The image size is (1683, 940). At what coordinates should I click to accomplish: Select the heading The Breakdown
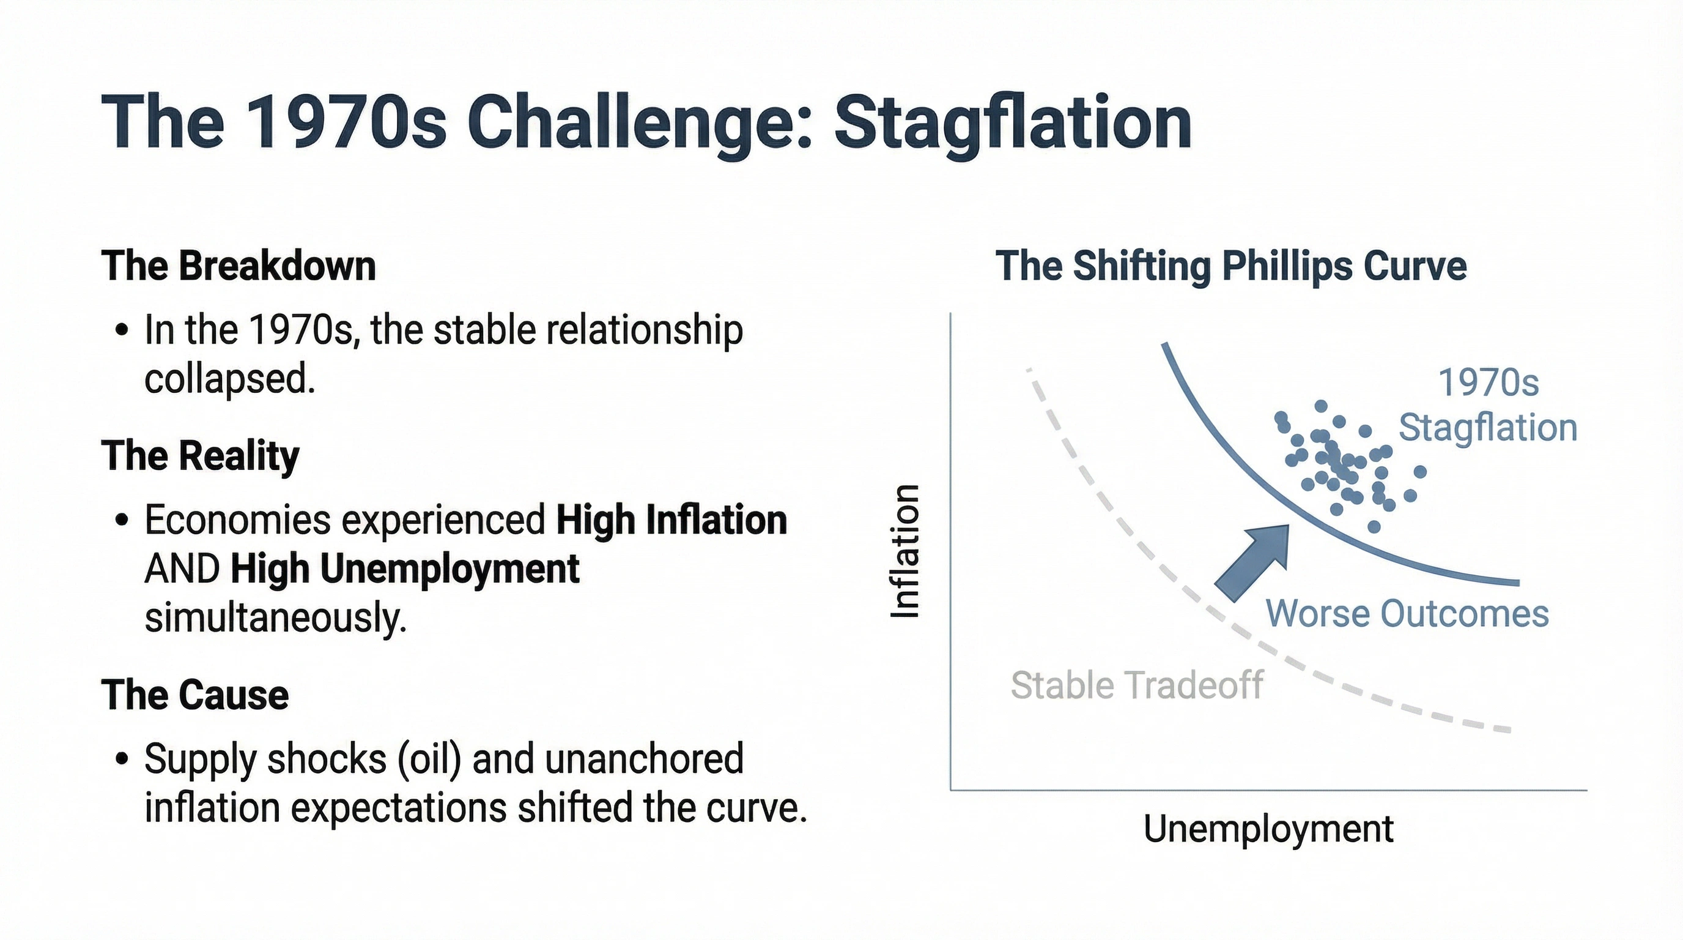(239, 267)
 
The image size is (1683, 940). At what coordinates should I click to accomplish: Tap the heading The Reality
(200, 456)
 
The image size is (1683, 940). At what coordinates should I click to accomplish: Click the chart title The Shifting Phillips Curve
(1231, 267)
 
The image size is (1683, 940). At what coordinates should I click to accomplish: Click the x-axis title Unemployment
(1268, 829)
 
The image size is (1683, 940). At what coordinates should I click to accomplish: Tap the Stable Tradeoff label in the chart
(1137, 685)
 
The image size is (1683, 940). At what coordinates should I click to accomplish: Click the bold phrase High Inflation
(671, 520)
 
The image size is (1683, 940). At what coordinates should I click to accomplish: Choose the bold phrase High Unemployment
(404, 569)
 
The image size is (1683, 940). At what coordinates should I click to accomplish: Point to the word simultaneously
(275, 617)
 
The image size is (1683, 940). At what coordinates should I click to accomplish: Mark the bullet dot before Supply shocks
(122, 759)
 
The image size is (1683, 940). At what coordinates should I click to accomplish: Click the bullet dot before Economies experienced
(122, 521)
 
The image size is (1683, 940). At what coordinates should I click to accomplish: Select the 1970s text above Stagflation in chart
(1489, 382)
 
